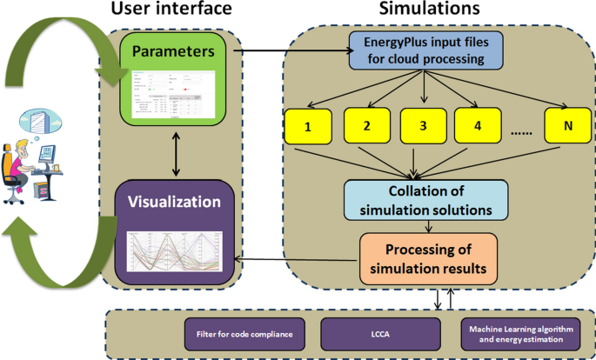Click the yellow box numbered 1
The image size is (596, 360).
click(308, 127)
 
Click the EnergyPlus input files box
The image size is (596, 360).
click(422, 50)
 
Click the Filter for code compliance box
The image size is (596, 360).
click(245, 331)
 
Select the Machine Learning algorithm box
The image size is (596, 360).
click(517, 331)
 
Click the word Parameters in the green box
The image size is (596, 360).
click(173, 51)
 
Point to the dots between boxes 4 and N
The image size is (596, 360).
click(520, 131)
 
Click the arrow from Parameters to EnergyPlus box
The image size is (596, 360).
click(291, 50)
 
